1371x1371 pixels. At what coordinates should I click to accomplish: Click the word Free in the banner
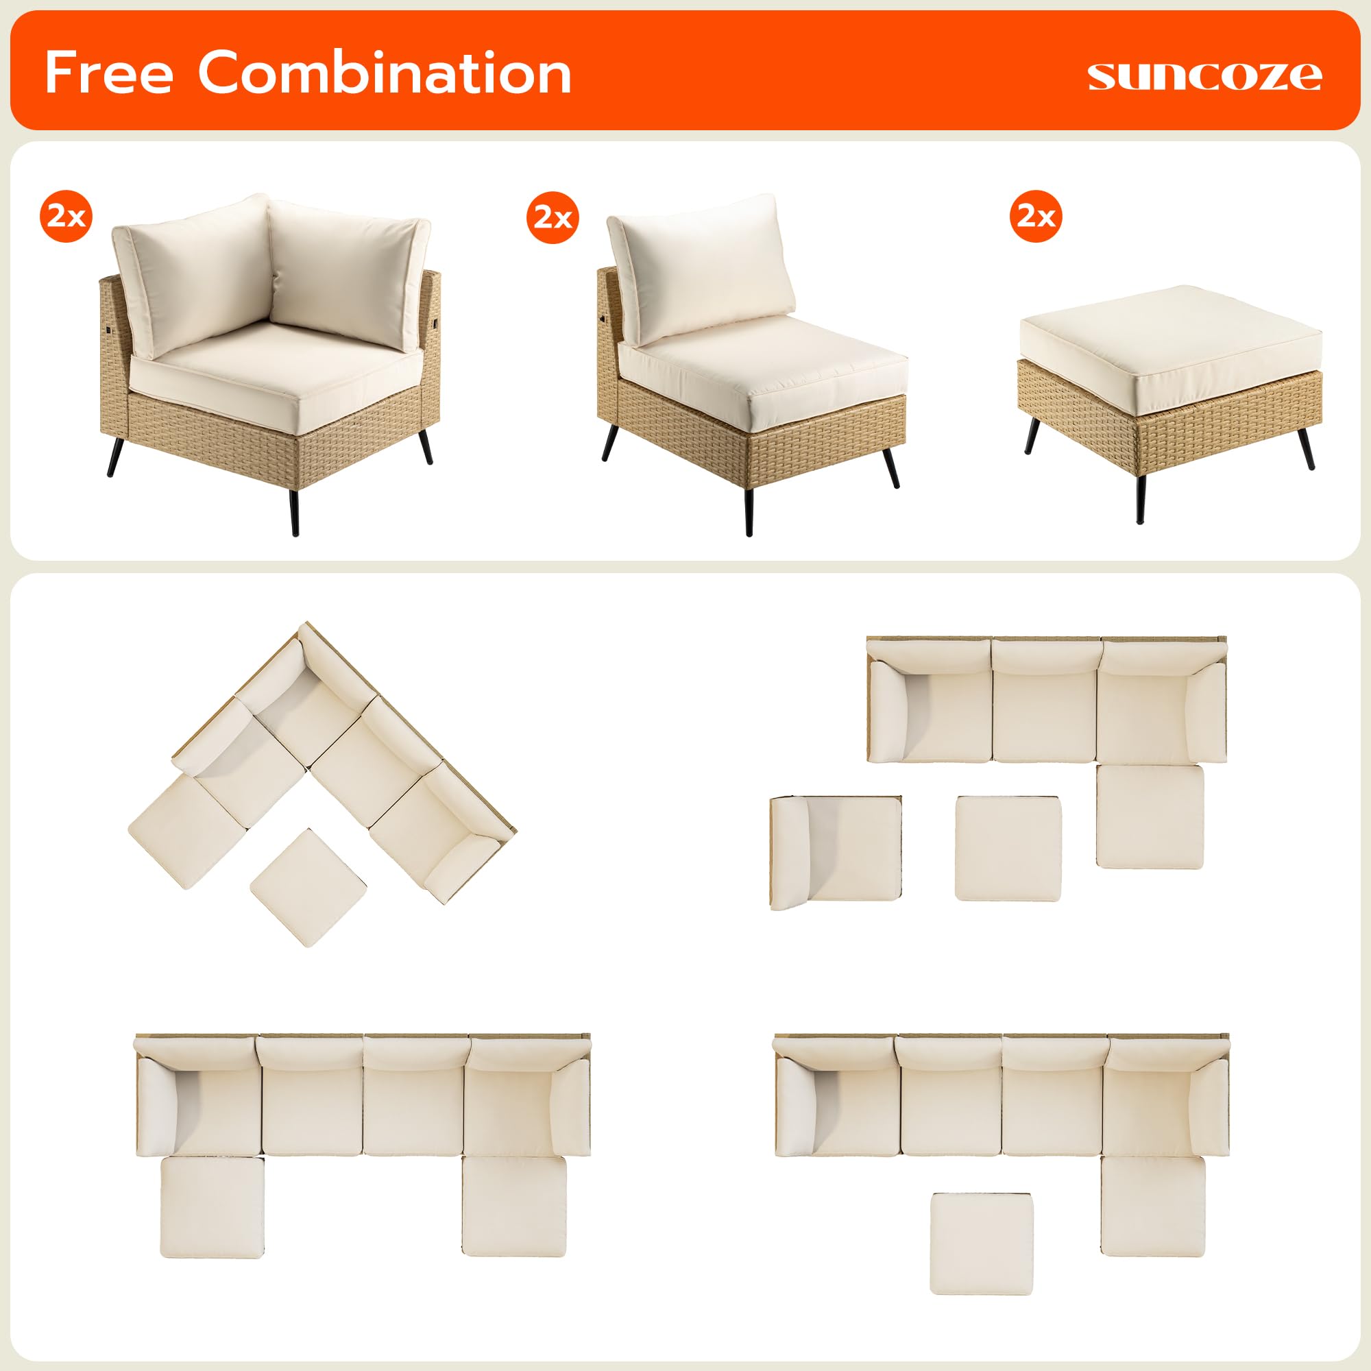tap(108, 73)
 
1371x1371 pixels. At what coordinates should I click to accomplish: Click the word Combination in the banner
tap(384, 73)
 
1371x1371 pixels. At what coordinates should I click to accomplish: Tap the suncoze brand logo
tap(1204, 76)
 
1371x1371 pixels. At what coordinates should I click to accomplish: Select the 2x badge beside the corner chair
tap(66, 216)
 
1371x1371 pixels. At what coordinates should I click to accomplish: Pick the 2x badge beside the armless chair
tap(553, 217)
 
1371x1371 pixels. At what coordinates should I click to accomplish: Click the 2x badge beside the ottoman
tap(1035, 216)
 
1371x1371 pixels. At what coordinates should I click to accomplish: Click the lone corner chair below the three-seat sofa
tap(836, 851)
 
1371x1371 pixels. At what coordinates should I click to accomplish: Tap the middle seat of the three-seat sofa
tap(1045, 709)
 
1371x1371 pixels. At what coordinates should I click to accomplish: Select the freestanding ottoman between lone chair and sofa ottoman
tap(1008, 848)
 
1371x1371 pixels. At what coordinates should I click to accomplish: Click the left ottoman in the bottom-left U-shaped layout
tap(213, 1206)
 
